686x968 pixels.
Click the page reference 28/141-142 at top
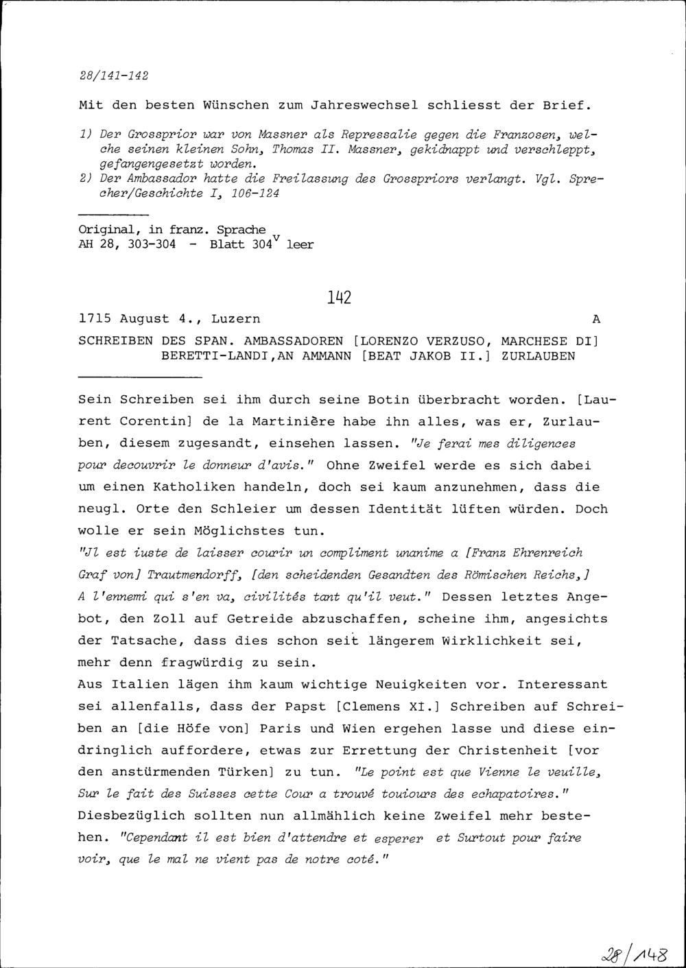pyautogui.click(x=114, y=75)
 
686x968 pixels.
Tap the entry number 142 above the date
pyautogui.click(x=340, y=297)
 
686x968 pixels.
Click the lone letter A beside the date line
pyautogui.click(x=595, y=319)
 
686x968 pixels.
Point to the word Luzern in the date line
pyautogui.click(x=235, y=319)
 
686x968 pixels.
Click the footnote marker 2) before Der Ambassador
pyautogui.click(x=86, y=179)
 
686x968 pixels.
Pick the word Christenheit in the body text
pyautogui.click(x=509, y=751)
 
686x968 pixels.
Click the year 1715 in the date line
pyautogui.click(x=96, y=319)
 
